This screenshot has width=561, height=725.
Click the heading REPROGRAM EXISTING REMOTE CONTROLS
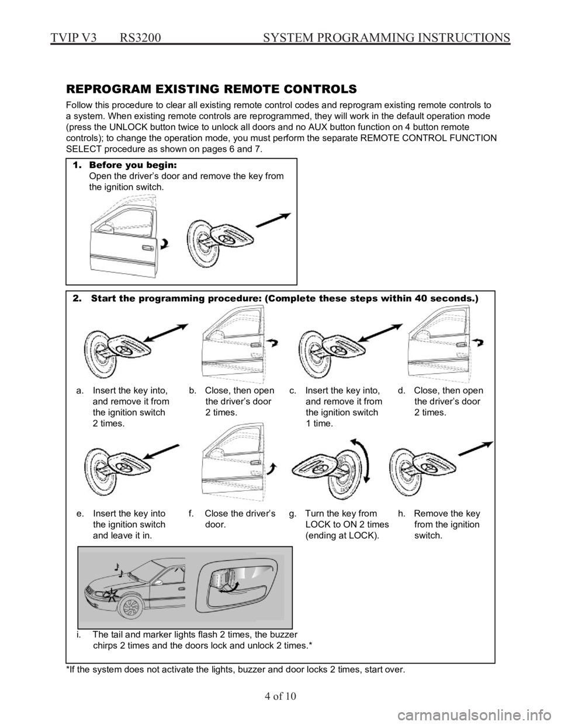212,89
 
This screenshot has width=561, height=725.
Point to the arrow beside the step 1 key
273,220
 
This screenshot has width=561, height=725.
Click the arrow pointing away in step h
476,448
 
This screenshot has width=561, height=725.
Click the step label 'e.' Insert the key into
121,514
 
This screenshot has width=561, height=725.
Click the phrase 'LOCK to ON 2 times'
347,524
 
